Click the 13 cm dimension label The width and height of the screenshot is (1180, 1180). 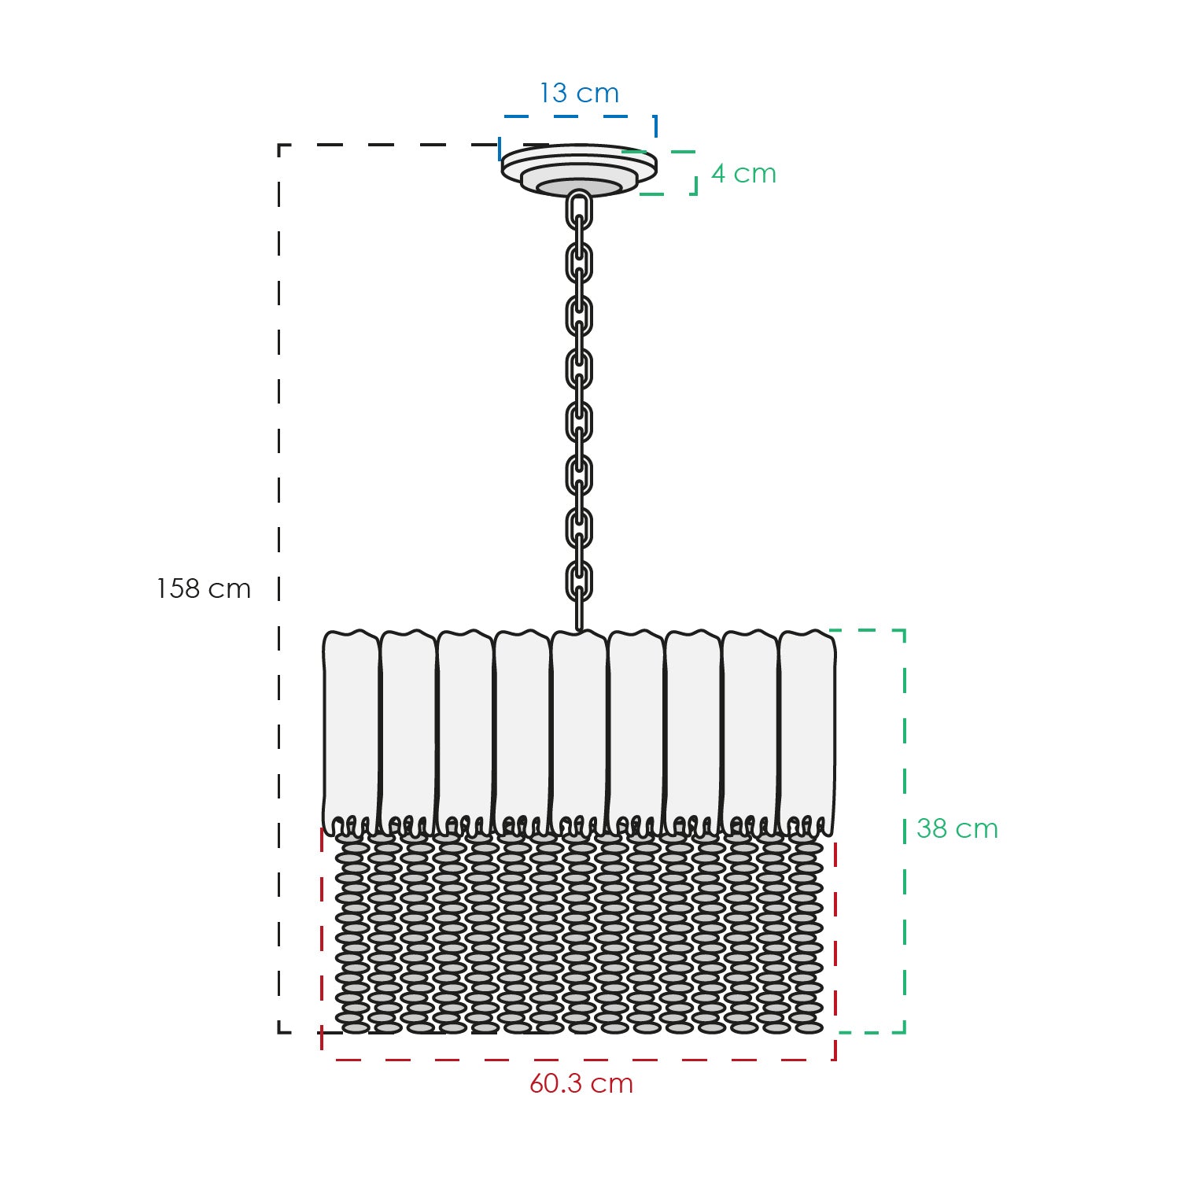(580, 94)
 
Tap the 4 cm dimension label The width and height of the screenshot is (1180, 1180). (743, 174)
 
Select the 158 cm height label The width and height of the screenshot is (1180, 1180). (204, 588)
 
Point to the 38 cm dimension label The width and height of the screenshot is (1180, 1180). (957, 828)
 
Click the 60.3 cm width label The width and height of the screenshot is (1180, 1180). (581, 1083)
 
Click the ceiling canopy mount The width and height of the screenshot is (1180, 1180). (579, 170)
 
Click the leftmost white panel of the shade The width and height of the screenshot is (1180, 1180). (351, 732)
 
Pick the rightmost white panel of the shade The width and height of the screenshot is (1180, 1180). (807, 732)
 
